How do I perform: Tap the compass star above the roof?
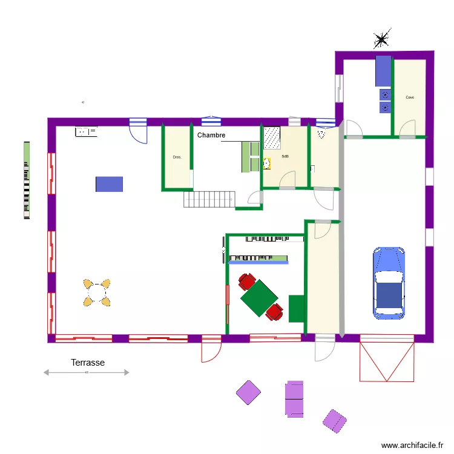pyautogui.click(x=381, y=40)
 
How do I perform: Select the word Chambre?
pyautogui.click(x=211, y=136)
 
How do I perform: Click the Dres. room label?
pyautogui.click(x=177, y=157)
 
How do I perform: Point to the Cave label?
pyautogui.click(x=410, y=97)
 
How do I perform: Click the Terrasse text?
pyautogui.click(x=88, y=363)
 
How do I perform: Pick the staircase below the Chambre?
pyautogui.click(x=209, y=199)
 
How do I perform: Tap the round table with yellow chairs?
pyautogui.click(x=97, y=292)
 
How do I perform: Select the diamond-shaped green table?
pyautogui.click(x=259, y=297)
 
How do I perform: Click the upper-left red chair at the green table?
pyautogui.click(x=246, y=281)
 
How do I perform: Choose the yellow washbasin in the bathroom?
pyautogui.click(x=266, y=163)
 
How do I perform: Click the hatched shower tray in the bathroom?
pyautogui.click(x=272, y=138)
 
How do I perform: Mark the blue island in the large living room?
pyautogui.click(x=109, y=184)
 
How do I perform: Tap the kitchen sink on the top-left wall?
pyautogui.click(x=86, y=131)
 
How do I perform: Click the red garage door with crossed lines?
pyautogui.click(x=387, y=361)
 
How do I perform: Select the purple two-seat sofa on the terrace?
pyautogui.click(x=294, y=398)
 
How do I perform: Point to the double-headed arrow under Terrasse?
pyautogui.click(x=86, y=373)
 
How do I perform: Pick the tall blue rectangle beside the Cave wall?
pyautogui.click(x=383, y=71)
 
